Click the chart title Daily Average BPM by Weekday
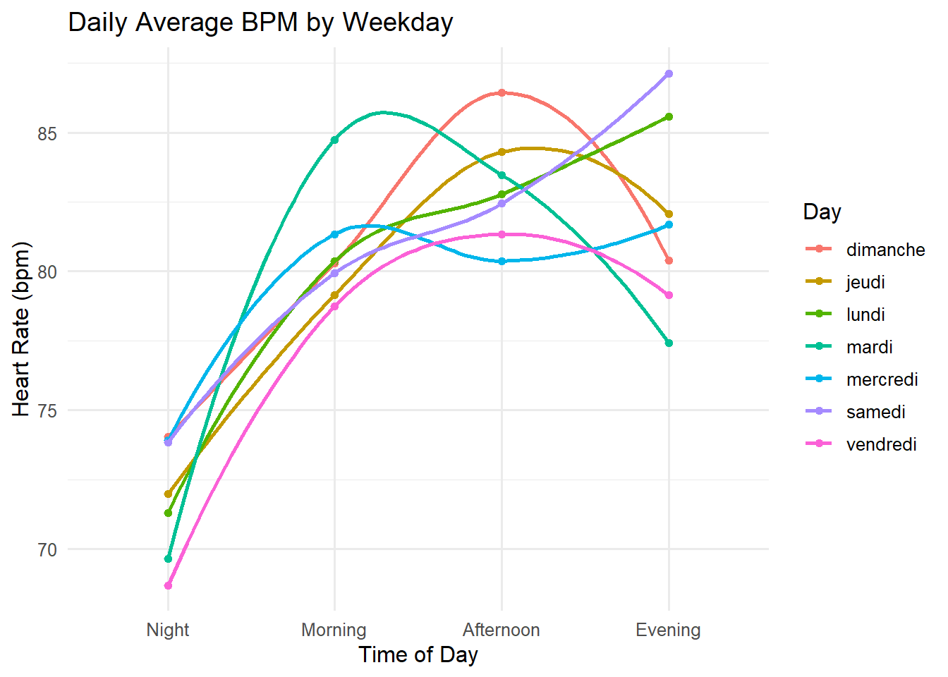click(x=260, y=23)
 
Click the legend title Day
click(x=822, y=212)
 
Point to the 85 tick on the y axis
click(x=47, y=133)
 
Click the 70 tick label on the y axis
click(x=47, y=549)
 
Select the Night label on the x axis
click(x=168, y=630)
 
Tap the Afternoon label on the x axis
click(x=502, y=630)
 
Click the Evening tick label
click(x=668, y=630)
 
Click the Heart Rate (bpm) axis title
click(x=22, y=329)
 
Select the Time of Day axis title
click(x=418, y=655)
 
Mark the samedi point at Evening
click(x=669, y=73)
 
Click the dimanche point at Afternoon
click(x=502, y=92)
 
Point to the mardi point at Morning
click(x=334, y=140)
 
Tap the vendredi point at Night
click(x=168, y=585)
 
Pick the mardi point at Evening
click(x=669, y=343)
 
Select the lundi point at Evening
click(x=669, y=116)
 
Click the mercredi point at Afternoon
click(x=502, y=261)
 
